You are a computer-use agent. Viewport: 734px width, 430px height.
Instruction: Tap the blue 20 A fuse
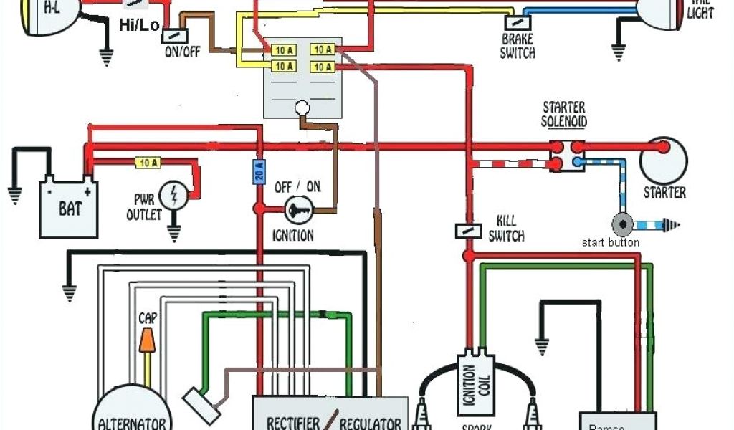(x=259, y=172)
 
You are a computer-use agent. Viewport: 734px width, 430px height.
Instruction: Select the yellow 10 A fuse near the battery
(x=148, y=163)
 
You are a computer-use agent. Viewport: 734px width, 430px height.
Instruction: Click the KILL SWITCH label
(x=506, y=229)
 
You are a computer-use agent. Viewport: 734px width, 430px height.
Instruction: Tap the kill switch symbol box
(x=464, y=231)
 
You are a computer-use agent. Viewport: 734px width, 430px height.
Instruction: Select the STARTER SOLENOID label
(x=563, y=114)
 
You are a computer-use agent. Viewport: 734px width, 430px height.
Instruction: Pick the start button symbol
(x=623, y=224)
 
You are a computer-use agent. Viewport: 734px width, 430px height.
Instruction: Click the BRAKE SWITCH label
(x=517, y=47)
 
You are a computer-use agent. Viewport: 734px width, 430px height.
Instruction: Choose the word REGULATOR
(x=370, y=423)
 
